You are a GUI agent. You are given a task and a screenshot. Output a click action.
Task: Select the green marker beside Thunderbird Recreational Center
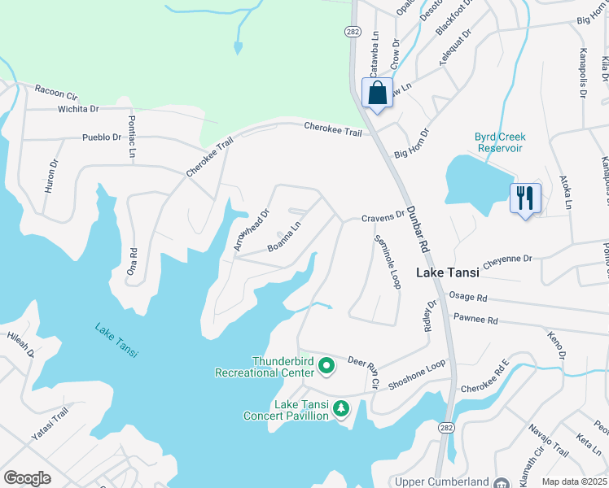(326, 366)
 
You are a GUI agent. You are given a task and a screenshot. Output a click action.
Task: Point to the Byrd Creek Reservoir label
(500, 142)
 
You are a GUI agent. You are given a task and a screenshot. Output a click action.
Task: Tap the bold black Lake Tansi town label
(450, 273)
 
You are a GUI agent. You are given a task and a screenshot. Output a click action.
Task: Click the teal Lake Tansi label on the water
(116, 341)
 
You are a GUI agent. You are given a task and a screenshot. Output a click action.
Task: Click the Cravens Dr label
(383, 217)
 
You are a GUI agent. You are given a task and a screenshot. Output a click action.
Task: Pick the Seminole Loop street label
(386, 262)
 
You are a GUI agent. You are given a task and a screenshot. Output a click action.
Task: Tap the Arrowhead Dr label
(252, 233)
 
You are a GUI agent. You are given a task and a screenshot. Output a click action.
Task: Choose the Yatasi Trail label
(49, 426)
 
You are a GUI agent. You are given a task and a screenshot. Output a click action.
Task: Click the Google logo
(27, 478)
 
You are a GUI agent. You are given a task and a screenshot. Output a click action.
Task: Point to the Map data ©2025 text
(574, 481)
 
